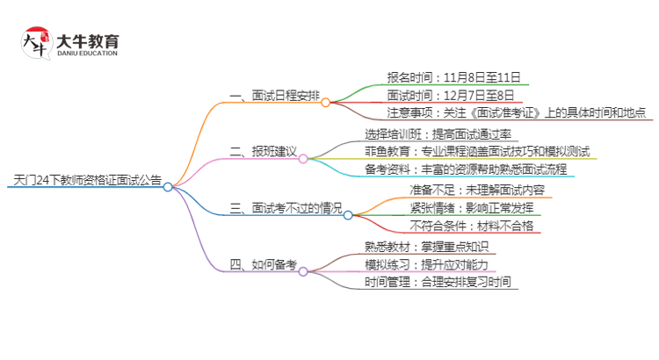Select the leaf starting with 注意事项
point(517,112)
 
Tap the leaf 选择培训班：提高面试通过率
point(438,134)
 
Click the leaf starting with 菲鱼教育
point(477,152)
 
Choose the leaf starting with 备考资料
point(466,169)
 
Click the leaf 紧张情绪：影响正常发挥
point(463,208)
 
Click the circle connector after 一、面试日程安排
point(325,102)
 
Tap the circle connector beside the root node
point(168,186)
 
